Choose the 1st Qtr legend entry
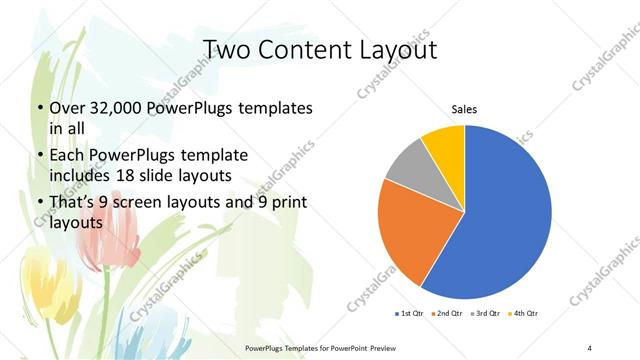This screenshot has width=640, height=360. click(x=410, y=313)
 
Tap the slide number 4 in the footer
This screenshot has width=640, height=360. click(x=589, y=347)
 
